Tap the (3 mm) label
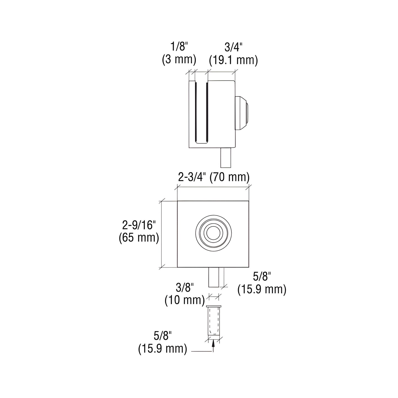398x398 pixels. (179, 59)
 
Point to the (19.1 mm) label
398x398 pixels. (233, 60)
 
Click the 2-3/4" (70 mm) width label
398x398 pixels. (214, 177)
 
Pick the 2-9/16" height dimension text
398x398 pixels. (139, 225)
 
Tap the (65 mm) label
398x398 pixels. (139, 238)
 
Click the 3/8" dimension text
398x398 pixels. (185, 288)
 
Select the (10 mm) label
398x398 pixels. (185, 300)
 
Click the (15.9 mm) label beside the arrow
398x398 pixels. (163, 348)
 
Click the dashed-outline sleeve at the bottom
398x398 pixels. (214, 321)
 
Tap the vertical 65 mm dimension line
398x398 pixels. (161, 234)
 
